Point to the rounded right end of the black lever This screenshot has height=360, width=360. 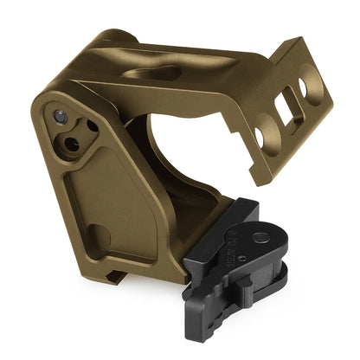(289, 260)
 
